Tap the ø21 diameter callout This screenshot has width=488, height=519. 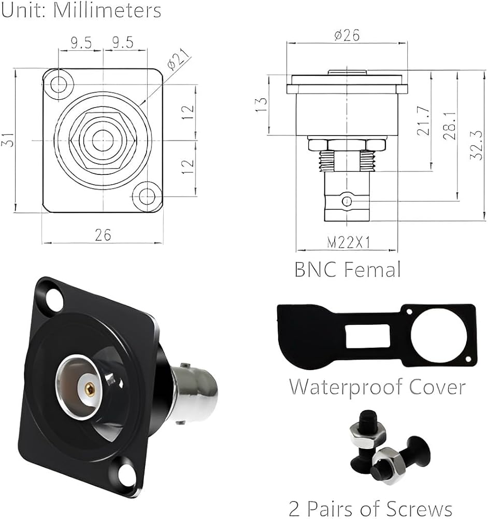point(179,59)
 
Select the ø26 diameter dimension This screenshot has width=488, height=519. point(347,35)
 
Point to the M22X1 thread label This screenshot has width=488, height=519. point(348,242)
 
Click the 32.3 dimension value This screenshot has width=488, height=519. point(477,145)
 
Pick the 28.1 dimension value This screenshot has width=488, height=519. point(450,125)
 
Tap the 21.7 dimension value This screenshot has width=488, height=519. point(424,121)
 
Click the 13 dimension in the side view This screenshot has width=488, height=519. point(262,105)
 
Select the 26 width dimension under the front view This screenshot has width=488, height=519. point(103,235)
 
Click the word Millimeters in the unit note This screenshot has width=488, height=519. point(107,10)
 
